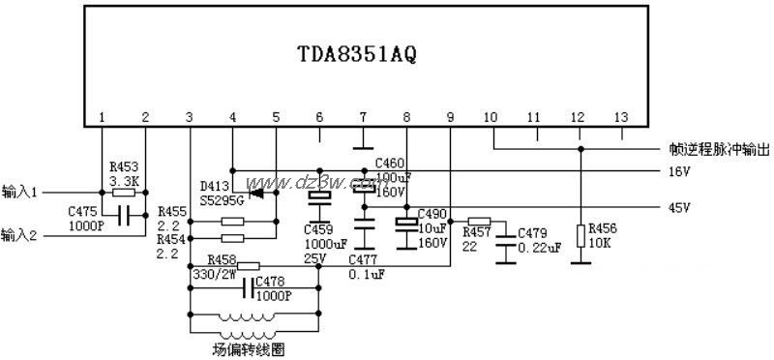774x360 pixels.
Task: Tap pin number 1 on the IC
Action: [101, 117]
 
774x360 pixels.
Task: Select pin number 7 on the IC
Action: [362, 117]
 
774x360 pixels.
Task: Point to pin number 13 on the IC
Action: [620, 117]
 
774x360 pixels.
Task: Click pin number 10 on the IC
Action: [491, 117]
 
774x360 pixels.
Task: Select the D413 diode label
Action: [214, 184]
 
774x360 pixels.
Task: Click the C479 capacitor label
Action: [533, 233]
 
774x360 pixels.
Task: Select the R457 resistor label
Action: [477, 233]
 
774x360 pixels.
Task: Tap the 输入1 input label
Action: [20, 192]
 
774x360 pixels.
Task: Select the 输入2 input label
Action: [20, 234]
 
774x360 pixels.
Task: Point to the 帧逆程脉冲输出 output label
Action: [720, 150]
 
